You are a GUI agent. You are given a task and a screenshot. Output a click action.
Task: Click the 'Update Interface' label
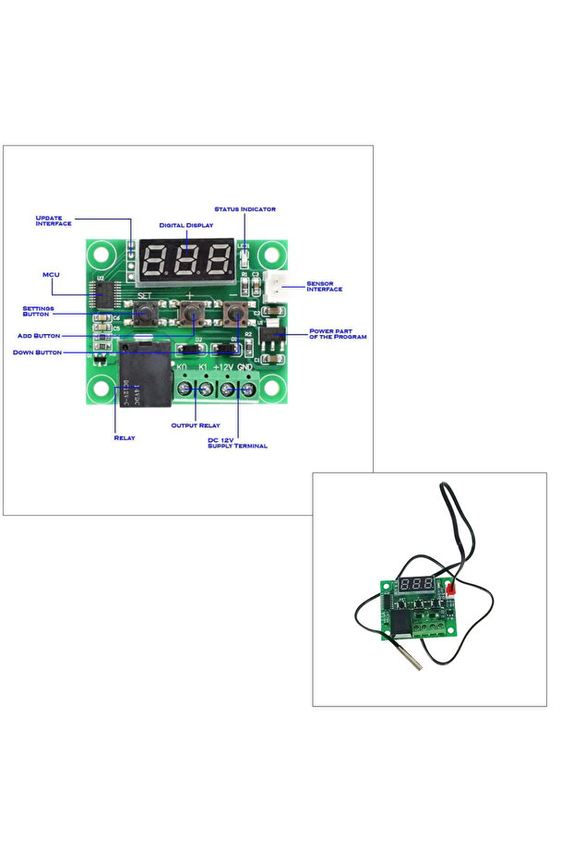pos(53,221)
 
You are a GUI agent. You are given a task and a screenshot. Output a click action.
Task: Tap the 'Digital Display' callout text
pos(185,225)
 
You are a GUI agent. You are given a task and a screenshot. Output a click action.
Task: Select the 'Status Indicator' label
pos(245,209)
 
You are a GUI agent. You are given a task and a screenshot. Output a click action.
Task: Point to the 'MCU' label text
pos(52,275)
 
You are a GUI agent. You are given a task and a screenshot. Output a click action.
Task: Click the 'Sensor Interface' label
pos(324,286)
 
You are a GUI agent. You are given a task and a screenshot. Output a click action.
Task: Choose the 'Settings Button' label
pos(39,311)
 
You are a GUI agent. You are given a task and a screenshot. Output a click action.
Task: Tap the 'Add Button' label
pos(39,336)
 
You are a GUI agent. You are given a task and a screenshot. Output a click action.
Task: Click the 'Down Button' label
pos(37,352)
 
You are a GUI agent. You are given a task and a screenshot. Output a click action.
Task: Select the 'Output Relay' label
pos(195,425)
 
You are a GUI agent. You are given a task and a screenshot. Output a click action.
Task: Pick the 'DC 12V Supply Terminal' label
pos(237,443)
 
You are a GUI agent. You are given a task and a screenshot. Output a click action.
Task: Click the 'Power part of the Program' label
pos(337,334)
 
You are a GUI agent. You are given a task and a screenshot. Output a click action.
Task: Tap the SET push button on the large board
pos(143,314)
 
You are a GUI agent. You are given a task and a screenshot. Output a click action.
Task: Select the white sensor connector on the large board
pos(273,286)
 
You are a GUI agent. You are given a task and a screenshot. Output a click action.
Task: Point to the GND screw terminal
pos(247,388)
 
